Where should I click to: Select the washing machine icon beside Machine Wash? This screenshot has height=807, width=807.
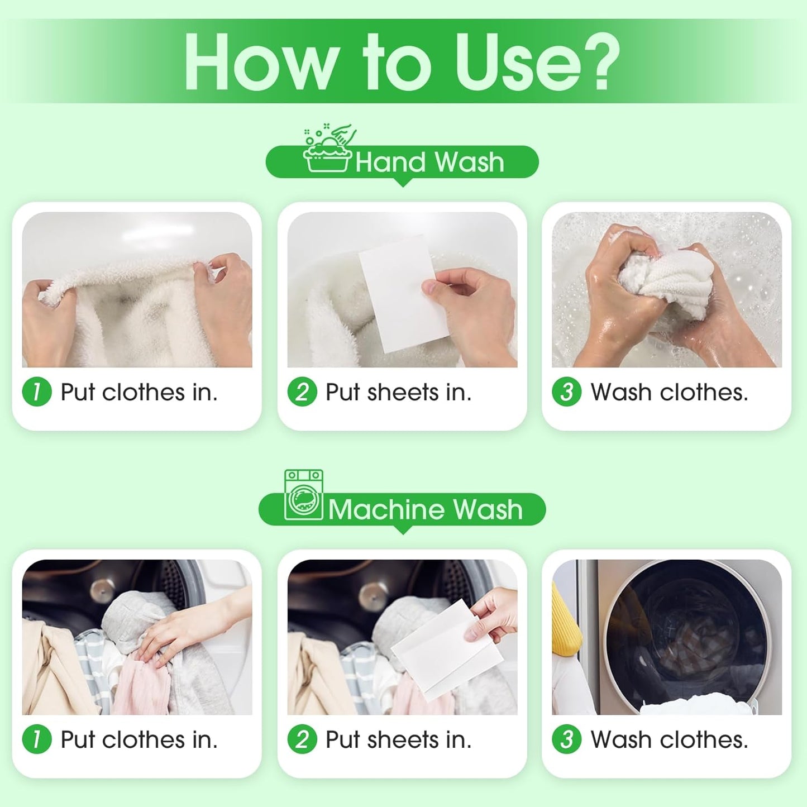(303, 495)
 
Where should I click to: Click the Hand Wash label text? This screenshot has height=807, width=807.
(429, 163)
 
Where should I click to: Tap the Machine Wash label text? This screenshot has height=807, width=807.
(425, 510)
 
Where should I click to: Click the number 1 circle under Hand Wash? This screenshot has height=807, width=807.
(37, 392)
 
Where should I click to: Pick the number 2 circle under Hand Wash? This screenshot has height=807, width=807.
(302, 392)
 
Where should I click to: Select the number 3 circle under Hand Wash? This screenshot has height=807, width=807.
(566, 392)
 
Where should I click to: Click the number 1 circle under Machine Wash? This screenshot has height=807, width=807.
(37, 739)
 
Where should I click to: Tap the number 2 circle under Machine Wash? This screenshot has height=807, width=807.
(302, 739)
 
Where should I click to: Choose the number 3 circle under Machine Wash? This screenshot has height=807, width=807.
(566, 739)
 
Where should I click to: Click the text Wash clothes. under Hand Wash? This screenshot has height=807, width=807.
(669, 393)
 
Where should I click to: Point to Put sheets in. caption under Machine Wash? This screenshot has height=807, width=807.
(399, 740)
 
